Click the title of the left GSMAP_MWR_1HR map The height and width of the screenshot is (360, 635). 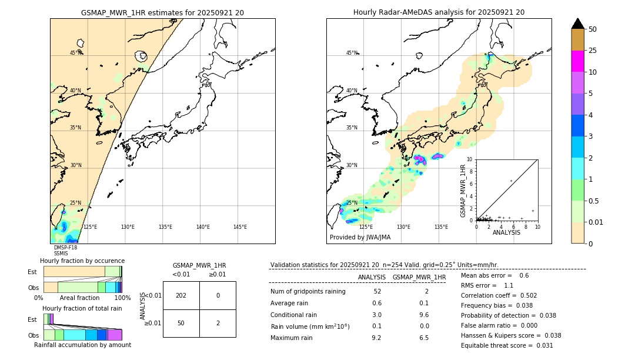pos(162,12)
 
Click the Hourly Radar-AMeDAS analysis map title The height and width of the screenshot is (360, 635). pos(439,12)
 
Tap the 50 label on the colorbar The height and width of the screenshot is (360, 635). pos(593,29)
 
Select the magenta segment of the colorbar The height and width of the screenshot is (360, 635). pos(578,61)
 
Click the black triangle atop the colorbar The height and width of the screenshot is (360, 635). pos(578,24)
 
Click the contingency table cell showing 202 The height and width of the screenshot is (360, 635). pos(181,295)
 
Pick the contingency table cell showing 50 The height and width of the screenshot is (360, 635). pos(181,323)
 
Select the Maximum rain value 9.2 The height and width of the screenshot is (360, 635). pos(377,338)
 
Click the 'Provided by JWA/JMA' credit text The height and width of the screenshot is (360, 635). pos(360,237)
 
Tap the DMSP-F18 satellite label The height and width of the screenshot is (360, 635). pos(65,248)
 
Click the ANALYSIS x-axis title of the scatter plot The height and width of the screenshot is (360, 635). pos(506,232)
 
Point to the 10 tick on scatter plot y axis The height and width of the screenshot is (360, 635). pos(469,159)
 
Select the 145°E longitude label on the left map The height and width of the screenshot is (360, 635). pos(240,227)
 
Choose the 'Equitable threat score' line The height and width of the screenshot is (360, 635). pos(507,345)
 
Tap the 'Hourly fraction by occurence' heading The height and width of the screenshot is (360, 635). pos(82,261)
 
